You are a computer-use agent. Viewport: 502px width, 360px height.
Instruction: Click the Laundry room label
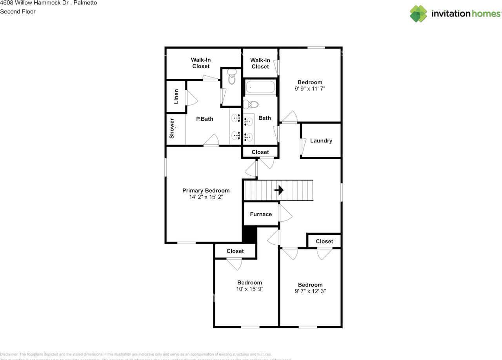(x=321, y=141)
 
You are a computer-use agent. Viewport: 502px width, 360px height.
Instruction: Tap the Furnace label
(x=261, y=214)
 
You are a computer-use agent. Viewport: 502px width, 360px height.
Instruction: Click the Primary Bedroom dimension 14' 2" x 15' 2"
(x=206, y=197)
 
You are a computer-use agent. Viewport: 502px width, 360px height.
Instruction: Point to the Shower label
(x=172, y=129)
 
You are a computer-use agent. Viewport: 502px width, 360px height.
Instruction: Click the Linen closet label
(x=176, y=96)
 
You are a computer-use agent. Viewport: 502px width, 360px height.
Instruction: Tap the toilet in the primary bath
(x=232, y=77)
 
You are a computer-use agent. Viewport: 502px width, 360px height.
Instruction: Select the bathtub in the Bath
(x=261, y=87)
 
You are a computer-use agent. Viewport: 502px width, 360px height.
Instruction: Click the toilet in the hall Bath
(x=251, y=105)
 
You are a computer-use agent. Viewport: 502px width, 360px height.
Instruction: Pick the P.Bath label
(x=205, y=119)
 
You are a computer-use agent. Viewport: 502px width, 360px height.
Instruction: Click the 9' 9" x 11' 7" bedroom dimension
(x=310, y=89)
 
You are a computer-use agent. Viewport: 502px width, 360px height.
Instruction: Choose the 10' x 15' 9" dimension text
(x=249, y=289)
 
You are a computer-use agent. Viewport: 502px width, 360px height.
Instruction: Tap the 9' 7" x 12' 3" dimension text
(x=310, y=291)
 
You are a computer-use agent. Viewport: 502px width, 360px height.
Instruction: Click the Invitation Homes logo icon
(x=418, y=14)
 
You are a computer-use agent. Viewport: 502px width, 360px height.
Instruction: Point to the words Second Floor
(x=18, y=11)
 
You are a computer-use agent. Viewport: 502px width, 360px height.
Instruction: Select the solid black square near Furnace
(x=249, y=234)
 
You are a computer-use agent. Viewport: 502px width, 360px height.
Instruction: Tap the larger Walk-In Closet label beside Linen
(x=201, y=63)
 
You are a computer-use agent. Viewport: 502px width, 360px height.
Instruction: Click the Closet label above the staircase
(x=260, y=152)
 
